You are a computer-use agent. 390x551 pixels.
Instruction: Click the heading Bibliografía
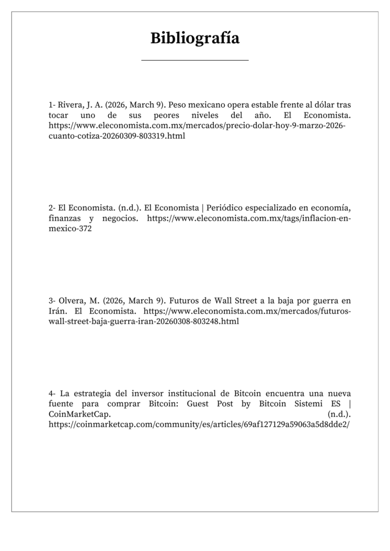(x=194, y=38)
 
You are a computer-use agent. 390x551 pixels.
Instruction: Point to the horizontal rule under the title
(x=194, y=60)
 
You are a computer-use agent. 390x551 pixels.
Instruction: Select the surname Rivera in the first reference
(x=69, y=104)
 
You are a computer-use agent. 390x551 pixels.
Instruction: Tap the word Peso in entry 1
(x=178, y=104)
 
